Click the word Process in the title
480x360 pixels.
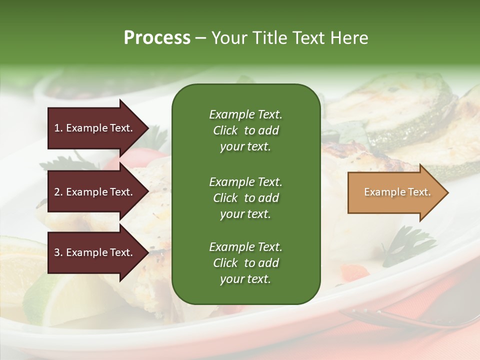pyautogui.click(x=157, y=38)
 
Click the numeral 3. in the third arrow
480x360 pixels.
pyautogui.click(x=58, y=252)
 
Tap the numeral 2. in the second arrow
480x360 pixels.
pyautogui.click(x=58, y=192)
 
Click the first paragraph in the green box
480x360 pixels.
pyautogui.click(x=245, y=130)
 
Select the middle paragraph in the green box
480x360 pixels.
pyautogui.click(x=245, y=198)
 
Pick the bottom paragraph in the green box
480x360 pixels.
pyautogui.click(x=245, y=263)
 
